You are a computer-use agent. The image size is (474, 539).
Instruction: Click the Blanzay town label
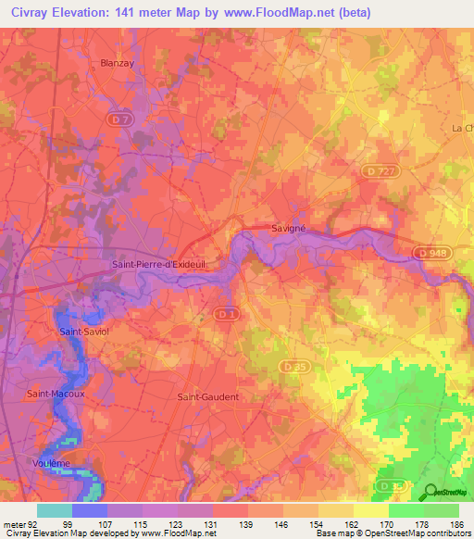(117, 63)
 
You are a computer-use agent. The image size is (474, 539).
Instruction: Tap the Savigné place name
(290, 227)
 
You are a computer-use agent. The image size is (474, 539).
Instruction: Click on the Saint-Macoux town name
(56, 394)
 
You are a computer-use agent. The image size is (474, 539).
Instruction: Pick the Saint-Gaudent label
(207, 396)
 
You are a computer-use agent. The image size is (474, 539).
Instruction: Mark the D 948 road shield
(430, 253)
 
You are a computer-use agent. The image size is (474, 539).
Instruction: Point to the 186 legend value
(457, 523)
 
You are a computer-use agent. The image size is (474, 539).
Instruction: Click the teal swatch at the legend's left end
(55, 510)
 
